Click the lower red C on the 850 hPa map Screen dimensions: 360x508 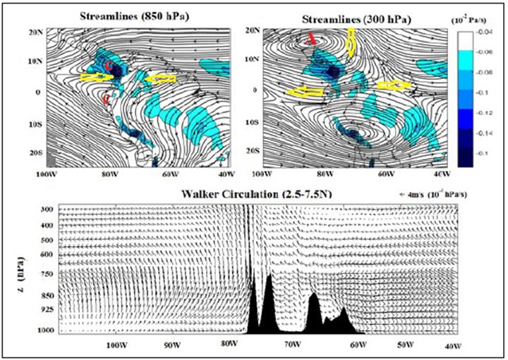click(x=107, y=100)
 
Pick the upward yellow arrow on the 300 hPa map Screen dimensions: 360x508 click(x=351, y=44)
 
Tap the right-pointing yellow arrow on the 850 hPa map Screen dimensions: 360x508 click(x=95, y=77)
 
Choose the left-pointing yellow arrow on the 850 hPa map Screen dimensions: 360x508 click(x=160, y=79)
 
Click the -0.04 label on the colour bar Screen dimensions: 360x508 click(x=481, y=31)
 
